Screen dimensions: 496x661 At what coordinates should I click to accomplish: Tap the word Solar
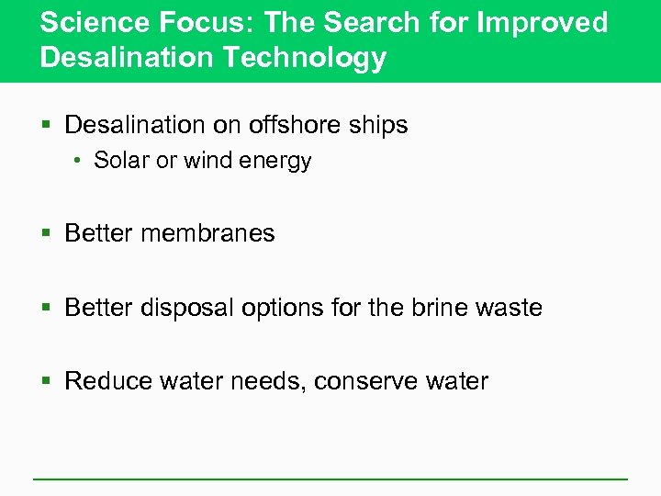pos(122,161)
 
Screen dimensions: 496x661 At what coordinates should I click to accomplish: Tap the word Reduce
pos(109,380)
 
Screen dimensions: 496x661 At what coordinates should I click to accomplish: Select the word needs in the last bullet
pos(262,380)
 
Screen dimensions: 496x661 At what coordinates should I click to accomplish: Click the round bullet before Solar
pos(80,162)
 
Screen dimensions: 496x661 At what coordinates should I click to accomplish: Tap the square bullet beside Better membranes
pos(48,234)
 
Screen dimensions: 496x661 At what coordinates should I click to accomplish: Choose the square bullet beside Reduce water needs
pos(48,381)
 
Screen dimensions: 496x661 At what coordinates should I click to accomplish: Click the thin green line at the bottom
pos(330,479)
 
